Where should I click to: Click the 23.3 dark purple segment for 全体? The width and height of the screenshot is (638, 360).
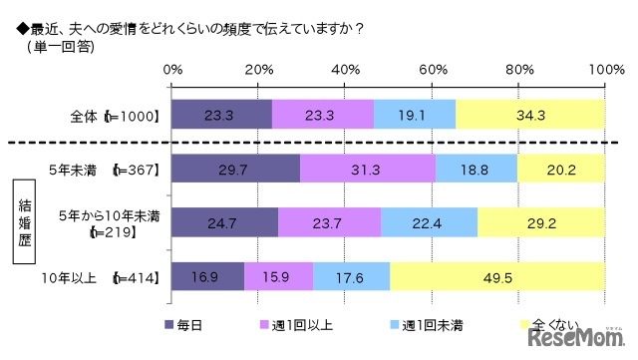tap(221, 116)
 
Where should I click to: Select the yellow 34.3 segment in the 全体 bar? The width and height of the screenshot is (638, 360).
tap(530, 116)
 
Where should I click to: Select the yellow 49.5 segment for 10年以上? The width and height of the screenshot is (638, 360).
tap(497, 276)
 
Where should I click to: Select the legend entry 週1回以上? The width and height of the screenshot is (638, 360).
tap(297, 323)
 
